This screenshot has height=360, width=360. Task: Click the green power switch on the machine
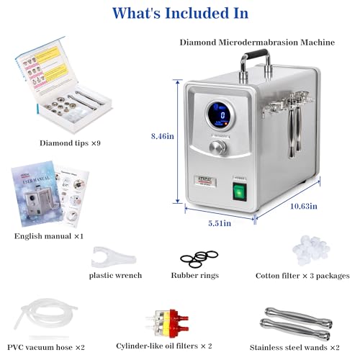[x=239, y=192]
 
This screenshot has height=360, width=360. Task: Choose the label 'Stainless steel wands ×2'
[x=292, y=348]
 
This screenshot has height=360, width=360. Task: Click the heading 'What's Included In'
[x=179, y=13]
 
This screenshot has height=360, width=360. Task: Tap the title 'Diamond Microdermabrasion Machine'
[x=256, y=42]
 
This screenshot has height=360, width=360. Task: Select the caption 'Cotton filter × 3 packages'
[x=302, y=275]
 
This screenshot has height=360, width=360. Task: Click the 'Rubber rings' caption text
[x=195, y=275]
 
